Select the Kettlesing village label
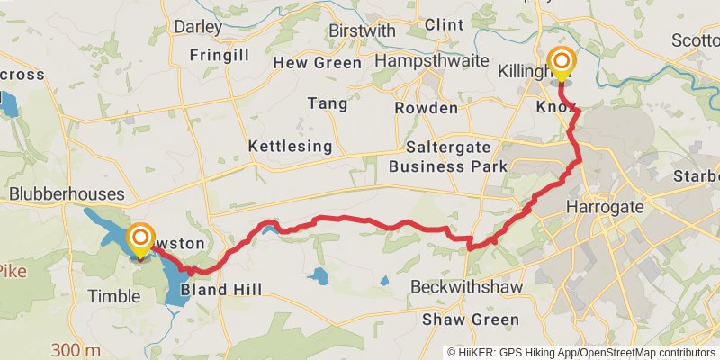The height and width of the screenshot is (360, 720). pos(291,146)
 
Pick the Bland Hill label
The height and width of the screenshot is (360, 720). pos(221,290)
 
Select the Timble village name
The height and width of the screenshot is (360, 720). pos(114,296)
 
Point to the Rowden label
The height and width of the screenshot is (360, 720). pos(426,108)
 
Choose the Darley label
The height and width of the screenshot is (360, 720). pos(197,27)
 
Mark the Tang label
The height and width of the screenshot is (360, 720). pos(328,103)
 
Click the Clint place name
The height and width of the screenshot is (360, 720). pos(444,24)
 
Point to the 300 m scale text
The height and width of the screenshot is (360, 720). pos(76,350)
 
